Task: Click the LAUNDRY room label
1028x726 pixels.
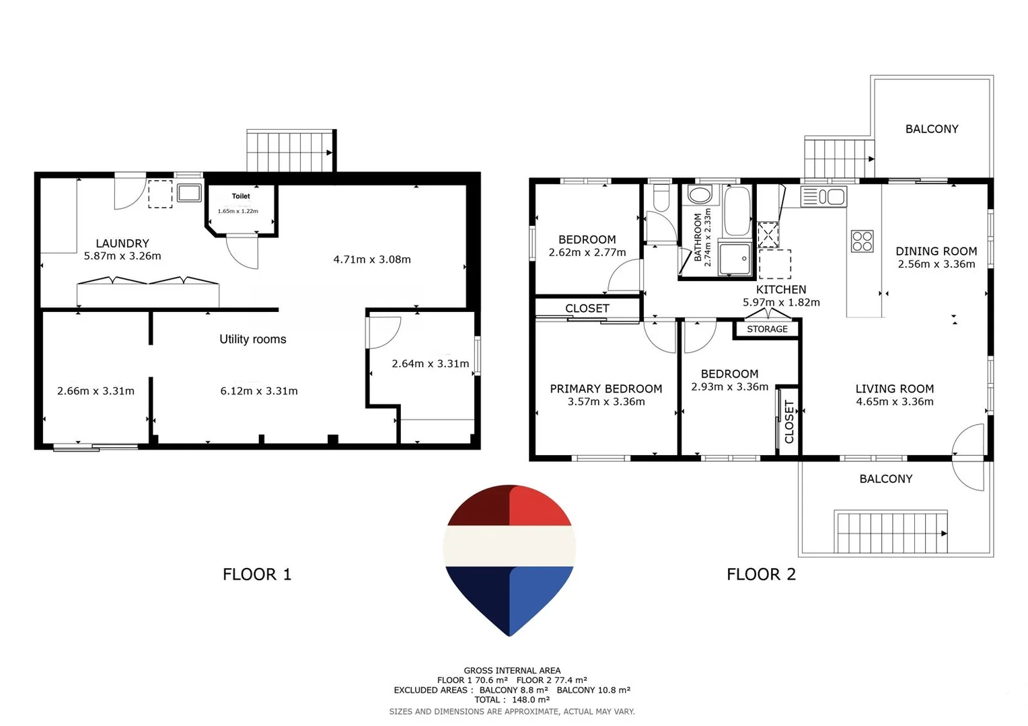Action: tap(122, 243)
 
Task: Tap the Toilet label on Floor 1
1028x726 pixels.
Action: tap(241, 196)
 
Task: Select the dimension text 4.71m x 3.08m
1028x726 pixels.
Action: tap(372, 259)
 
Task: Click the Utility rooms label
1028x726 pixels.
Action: tap(252, 339)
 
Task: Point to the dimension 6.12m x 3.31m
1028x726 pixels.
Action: tap(259, 391)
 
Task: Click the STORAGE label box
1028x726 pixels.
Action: tap(767, 329)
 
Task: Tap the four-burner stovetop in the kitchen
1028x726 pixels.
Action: tap(862, 241)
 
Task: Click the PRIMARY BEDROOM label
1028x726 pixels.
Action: tap(605, 389)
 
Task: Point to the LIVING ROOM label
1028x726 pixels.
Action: tap(894, 389)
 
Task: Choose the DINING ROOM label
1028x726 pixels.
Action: tap(936, 251)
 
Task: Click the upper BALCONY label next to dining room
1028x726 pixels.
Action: tap(931, 129)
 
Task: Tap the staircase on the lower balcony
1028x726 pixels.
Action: tap(891, 532)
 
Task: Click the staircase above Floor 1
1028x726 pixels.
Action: tap(290, 151)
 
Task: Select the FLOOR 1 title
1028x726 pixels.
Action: tap(257, 574)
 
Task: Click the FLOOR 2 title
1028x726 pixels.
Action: tap(761, 574)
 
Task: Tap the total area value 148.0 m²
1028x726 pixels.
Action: tap(531, 700)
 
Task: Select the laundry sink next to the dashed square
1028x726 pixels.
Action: tap(189, 194)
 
